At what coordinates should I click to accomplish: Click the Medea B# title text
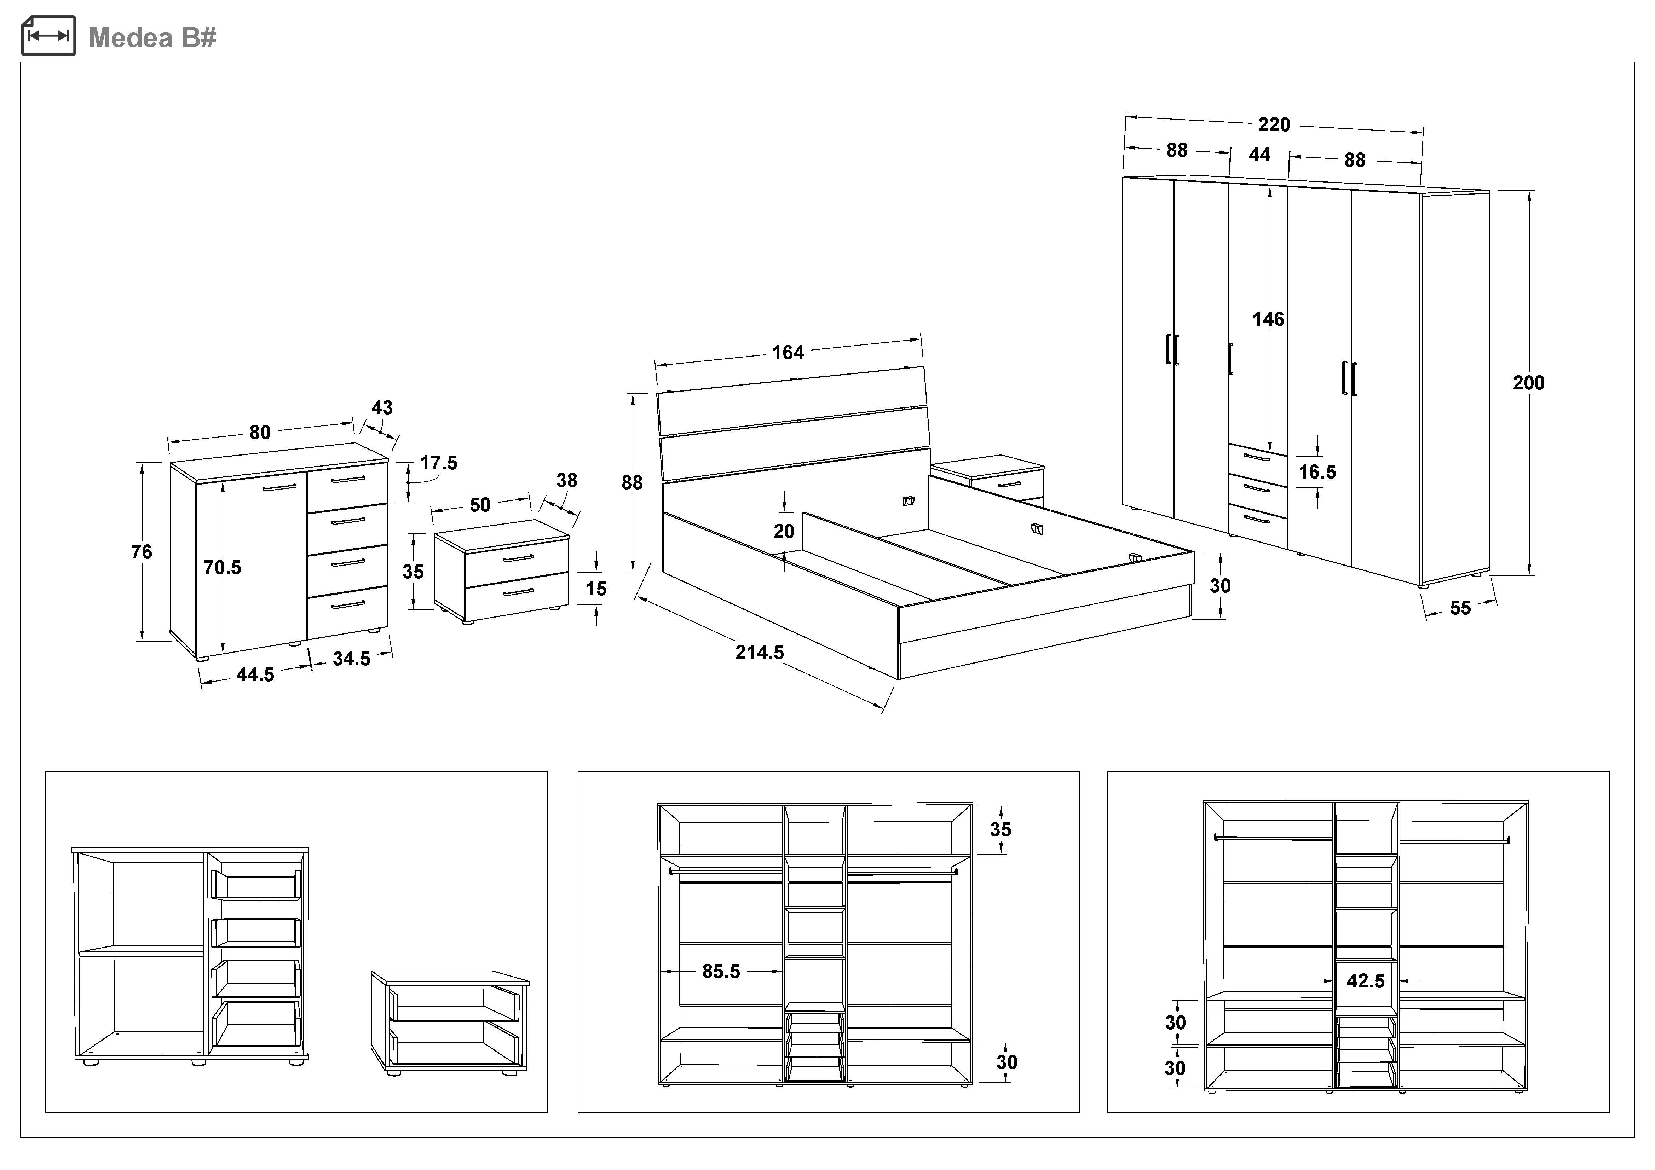[x=152, y=37]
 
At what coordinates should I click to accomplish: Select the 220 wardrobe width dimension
[x=1274, y=124]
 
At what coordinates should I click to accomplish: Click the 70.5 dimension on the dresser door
[x=222, y=568]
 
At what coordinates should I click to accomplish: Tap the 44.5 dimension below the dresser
[x=255, y=675]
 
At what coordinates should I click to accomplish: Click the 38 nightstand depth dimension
[x=566, y=481]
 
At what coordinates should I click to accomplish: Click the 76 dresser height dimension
[x=141, y=552]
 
